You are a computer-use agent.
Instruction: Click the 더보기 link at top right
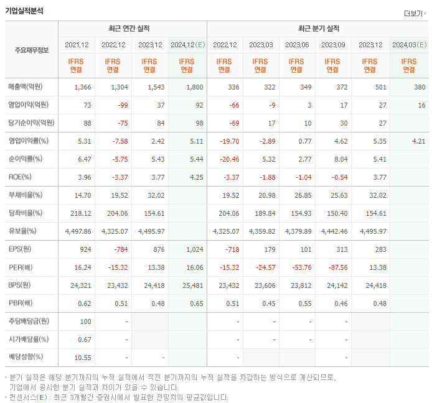413,14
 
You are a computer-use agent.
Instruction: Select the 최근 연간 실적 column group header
132,29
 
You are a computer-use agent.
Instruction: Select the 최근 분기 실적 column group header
317,29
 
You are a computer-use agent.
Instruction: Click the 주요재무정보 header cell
31,50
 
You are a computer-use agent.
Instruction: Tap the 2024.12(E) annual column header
187,45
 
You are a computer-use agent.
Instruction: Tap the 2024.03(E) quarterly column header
409,45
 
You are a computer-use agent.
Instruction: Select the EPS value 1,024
194,249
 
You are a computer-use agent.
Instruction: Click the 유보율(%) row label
22,231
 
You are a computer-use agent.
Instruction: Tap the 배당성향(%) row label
25,357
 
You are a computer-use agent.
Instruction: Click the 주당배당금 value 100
85,322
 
